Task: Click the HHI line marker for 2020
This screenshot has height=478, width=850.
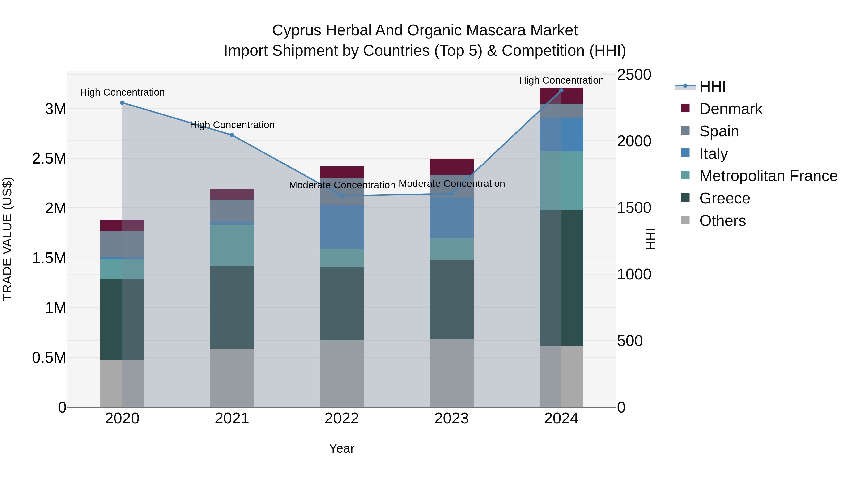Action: (x=122, y=103)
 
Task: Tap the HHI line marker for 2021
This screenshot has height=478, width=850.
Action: (x=232, y=135)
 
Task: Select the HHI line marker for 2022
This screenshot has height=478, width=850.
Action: (x=342, y=196)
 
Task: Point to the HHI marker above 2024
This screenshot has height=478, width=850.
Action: (x=561, y=90)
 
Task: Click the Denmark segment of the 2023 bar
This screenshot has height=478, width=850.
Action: (x=451, y=167)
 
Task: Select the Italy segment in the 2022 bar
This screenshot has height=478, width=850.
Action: (x=342, y=227)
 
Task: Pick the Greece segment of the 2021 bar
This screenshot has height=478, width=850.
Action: (x=232, y=307)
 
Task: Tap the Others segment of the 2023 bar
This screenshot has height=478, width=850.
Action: (x=451, y=373)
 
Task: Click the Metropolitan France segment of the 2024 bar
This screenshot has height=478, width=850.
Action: (x=561, y=180)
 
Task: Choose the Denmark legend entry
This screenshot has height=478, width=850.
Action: (x=731, y=109)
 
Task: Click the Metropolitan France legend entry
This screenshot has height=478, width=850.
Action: (x=768, y=176)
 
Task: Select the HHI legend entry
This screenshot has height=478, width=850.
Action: (x=712, y=86)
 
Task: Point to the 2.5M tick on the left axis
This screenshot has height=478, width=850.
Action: (x=49, y=159)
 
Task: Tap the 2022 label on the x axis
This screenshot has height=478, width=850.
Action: (x=342, y=419)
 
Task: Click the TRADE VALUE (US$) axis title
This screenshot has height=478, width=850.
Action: (x=7, y=239)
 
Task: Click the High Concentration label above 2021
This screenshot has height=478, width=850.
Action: (x=232, y=125)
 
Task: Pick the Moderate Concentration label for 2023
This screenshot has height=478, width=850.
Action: (x=452, y=184)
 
